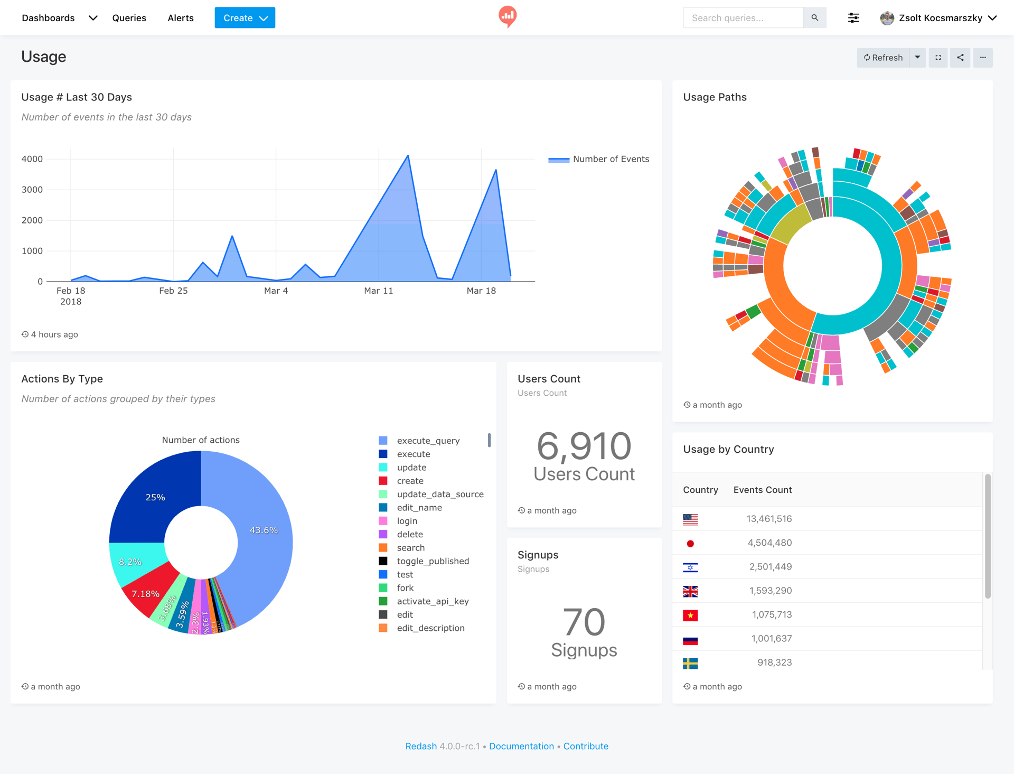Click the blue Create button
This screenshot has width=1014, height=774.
[245, 18]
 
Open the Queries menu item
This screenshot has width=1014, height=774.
[129, 18]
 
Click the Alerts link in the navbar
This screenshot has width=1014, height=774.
[181, 18]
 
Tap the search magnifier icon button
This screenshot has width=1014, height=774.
[815, 18]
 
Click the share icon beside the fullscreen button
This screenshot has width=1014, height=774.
[960, 58]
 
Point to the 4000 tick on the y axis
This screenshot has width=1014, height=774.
[32, 159]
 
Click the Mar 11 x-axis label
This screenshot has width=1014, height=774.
[379, 291]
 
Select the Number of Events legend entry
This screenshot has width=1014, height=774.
[611, 159]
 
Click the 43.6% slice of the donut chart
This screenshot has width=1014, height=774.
[263, 530]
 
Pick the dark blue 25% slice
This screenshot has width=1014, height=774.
[155, 497]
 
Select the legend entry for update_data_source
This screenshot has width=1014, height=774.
[440, 494]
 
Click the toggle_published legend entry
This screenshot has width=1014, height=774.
[433, 561]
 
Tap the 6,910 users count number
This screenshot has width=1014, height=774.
[584, 446]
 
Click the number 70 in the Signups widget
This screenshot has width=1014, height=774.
[584, 622]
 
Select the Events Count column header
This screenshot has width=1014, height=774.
[762, 490]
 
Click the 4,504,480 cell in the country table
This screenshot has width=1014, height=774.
[769, 543]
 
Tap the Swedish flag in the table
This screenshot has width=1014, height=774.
[690, 663]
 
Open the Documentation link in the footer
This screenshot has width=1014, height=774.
[521, 746]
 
